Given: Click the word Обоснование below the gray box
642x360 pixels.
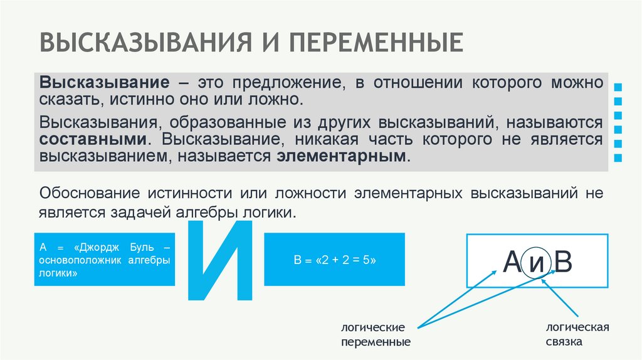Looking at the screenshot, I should coord(90,193).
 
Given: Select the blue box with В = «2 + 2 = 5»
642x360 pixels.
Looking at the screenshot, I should coord(334,259).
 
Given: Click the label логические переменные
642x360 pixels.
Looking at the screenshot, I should coord(376,335).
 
